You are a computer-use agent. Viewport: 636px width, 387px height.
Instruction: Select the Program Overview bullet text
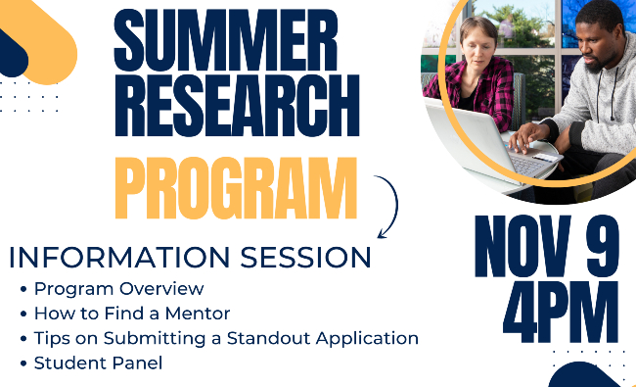(118, 289)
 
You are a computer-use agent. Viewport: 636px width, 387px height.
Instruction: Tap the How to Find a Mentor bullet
(131, 314)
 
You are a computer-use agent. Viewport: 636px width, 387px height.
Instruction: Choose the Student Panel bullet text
(98, 363)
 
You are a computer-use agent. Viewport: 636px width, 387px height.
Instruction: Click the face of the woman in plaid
(478, 40)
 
